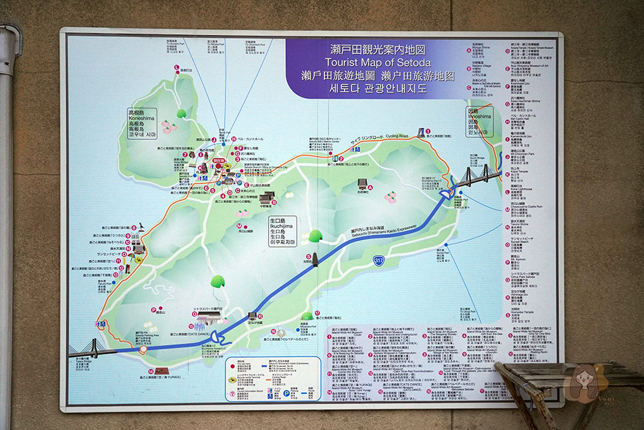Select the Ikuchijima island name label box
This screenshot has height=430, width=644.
click(x=283, y=231)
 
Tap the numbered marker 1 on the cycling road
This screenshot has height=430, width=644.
click(x=421, y=132)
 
